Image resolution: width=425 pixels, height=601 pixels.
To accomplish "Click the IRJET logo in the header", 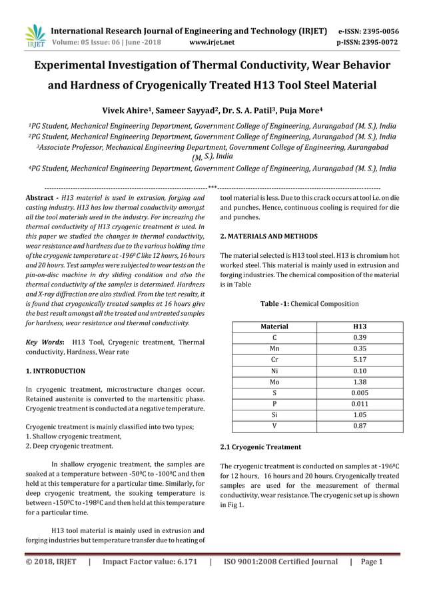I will click(x=34, y=36).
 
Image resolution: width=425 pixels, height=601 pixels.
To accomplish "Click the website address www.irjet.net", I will click(x=212, y=43).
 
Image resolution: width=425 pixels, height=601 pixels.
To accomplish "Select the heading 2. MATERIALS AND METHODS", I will click(x=268, y=236).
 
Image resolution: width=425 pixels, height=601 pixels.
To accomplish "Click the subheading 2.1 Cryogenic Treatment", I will click(x=260, y=446).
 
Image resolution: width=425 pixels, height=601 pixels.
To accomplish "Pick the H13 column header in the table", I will click(x=360, y=326).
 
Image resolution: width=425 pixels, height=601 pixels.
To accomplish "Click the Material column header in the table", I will click(x=274, y=326).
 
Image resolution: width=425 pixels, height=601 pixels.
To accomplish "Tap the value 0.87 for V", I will click(x=360, y=426).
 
